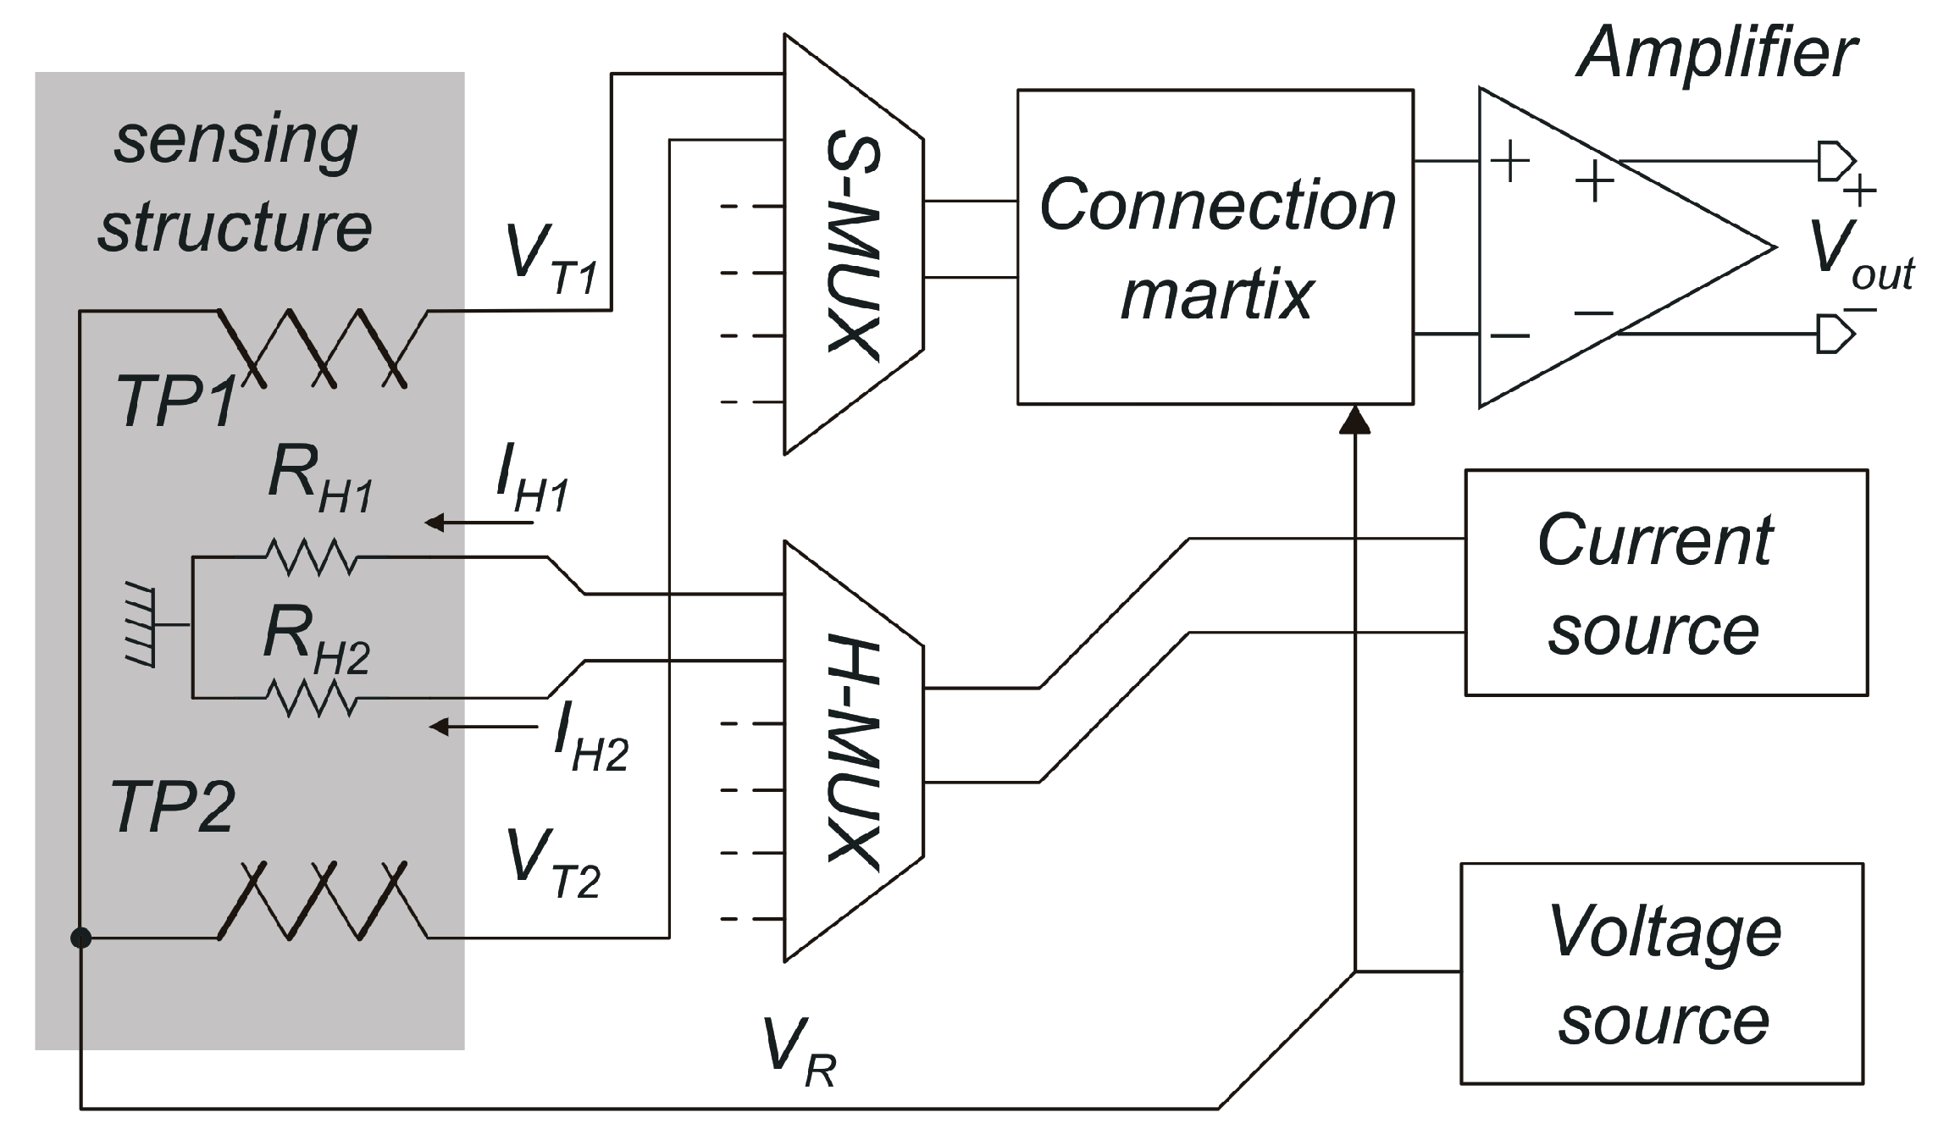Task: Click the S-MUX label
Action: click(x=853, y=246)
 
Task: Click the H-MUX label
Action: click(x=853, y=752)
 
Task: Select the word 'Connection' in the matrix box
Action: click(x=1216, y=205)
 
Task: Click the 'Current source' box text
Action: click(x=1656, y=584)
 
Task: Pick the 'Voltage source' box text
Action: click(x=1663, y=976)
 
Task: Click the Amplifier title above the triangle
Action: click(x=1716, y=53)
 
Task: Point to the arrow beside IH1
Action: click(x=479, y=523)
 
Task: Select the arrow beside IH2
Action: click(x=484, y=727)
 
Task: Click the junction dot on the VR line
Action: click(x=80, y=938)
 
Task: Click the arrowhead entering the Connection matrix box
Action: click(x=1355, y=418)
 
